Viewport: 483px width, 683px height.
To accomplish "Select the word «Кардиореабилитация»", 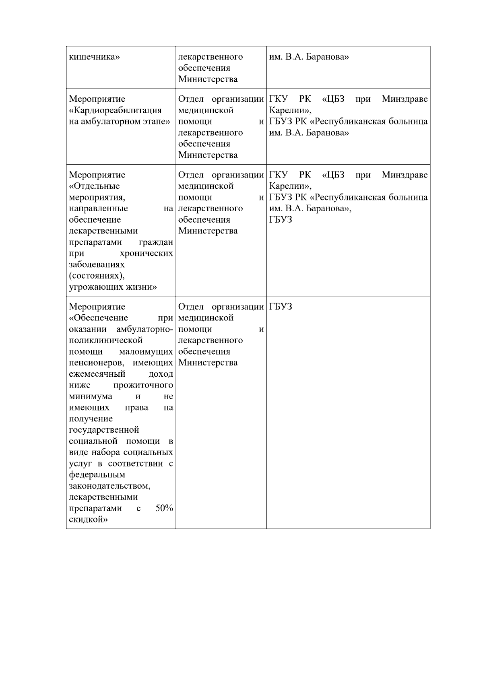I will click(x=116, y=110).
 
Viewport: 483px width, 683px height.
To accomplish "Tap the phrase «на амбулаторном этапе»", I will click(x=118, y=122).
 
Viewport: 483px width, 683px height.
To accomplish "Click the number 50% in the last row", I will click(x=164, y=508).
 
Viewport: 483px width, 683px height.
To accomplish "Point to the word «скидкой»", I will click(x=89, y=520).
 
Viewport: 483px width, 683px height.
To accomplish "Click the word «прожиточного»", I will click(x=143, y=385).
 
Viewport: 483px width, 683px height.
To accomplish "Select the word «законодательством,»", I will click(x=109, y=486).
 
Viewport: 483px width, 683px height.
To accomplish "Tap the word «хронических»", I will click(x=147, y=254).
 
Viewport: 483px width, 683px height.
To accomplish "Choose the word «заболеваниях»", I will click(x=97, y=265).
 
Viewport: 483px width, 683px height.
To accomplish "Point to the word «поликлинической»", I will click(x=106, y=340).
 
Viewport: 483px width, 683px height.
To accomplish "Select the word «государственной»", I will click(x=104, y=430).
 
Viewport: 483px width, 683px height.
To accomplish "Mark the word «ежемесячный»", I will click(x=97, y=374).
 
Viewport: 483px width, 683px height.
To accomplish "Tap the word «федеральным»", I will click(x=97, y=475).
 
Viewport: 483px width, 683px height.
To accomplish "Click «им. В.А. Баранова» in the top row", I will click(x=309, y=57).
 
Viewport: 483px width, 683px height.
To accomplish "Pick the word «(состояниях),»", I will click(x=97, y=276).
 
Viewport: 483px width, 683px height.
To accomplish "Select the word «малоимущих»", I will click(x=146, y=352).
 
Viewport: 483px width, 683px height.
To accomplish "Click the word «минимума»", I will click(x=91, y=396).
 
